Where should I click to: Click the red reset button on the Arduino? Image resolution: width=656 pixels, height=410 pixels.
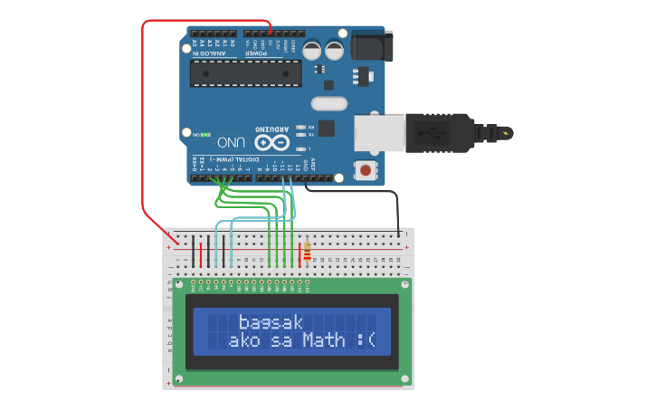tap(365, 169)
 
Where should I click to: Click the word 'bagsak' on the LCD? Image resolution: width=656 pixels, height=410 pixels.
tap(271, 322)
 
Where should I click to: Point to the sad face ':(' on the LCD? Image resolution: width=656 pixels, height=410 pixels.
tap(366, 340)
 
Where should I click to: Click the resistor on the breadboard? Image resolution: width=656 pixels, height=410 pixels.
tap(308, 251)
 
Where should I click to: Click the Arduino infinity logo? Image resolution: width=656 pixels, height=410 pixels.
tap(271, 143)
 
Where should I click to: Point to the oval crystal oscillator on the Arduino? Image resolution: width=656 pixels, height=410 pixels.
tap(329, 103)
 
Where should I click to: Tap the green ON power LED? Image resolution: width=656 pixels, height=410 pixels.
tap(206, 135)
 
